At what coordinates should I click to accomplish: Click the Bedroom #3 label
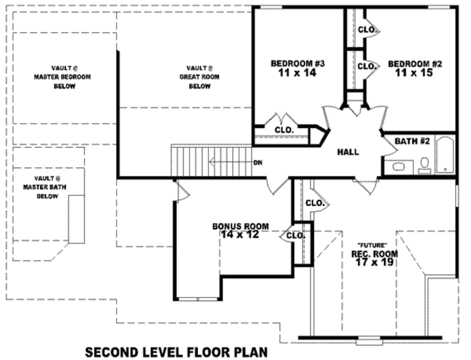tap(298, 64)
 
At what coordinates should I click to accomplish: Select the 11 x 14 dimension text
tap(298, 73)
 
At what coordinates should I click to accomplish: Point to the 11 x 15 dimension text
tap(415, 73)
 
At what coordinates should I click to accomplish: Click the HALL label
tap(348, 152)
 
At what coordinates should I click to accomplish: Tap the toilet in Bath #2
tap(425, 164)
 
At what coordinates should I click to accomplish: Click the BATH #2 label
tap(412, 141)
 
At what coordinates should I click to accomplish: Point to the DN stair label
tap(258, 163)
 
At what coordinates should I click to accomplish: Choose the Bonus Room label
tap(241, 226)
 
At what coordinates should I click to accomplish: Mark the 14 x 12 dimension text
tap(240, 234)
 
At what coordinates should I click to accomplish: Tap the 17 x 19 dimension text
tap(374, 262)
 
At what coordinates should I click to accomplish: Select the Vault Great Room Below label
tap(199, 77)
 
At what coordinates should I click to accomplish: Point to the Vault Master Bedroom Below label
tap(64, 77)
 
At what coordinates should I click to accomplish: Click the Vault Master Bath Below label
tap(47, 187)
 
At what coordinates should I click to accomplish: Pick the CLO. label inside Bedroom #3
tap(284, 130)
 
